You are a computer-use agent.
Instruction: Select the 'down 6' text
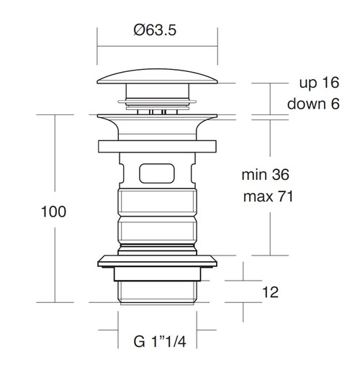pyautogui.click(x=312, y=104)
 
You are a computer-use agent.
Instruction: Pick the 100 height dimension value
pyautogui.click(x=53, y=212)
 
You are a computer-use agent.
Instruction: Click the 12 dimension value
pyautogui.click(x=271, y=292)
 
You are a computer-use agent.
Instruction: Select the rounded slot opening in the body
pyautogui.click(x=158, y=173)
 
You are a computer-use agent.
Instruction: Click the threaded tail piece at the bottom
pyautogui.click(x=158, y=290)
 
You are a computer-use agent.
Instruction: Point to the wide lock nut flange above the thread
pyautogui.click(x=158, y=260)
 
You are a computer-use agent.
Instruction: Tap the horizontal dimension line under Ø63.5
pyautogui.click(x=157, y=47)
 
